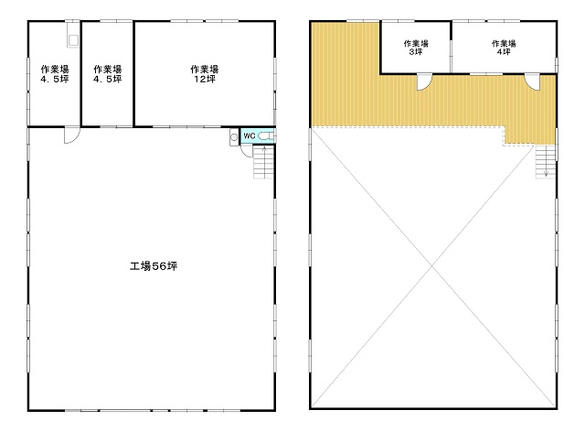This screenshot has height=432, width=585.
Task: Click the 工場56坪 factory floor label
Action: (154, 266)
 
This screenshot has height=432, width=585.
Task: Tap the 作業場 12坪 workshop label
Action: (205, 74)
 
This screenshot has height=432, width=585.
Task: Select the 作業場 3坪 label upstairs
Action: (416, 48)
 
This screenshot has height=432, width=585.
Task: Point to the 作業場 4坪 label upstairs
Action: (504, 48)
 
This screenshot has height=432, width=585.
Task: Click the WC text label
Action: (250, 135)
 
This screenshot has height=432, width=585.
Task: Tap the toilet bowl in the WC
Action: (266, 136)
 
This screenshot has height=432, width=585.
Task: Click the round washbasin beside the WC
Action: (234, 137)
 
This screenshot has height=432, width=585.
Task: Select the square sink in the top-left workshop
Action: (73, 40)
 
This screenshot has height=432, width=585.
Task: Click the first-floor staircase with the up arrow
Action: (264, 162)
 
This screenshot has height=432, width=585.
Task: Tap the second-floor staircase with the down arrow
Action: (546, 161)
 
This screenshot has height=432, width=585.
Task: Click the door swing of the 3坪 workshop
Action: (424, 82)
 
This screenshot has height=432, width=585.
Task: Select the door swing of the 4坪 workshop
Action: (532, 82)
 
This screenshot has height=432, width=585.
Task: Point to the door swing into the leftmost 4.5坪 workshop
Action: (71, 135)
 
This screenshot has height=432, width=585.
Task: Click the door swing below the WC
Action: (246, 151)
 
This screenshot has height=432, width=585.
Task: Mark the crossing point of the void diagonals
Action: (432, 266)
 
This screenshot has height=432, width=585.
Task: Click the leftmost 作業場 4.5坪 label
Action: (55, 74)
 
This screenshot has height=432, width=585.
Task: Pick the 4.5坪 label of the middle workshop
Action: (108, 79)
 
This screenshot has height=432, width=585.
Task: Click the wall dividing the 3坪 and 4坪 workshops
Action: (451, 47)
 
